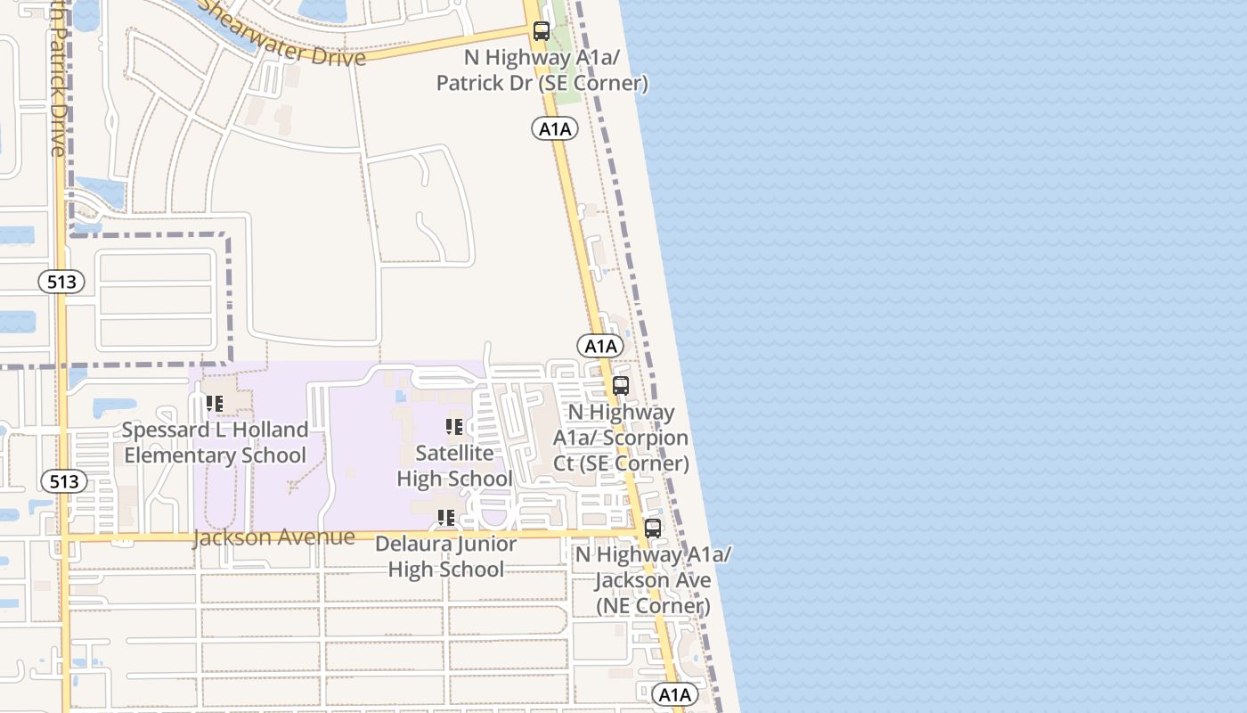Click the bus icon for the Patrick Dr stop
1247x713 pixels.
541,31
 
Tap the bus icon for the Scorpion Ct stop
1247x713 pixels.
621,386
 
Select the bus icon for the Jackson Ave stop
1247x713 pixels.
653,528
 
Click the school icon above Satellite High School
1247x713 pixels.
454,427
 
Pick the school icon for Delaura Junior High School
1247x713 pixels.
446,518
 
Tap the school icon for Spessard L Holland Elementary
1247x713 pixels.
215,404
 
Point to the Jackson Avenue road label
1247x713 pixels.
273,537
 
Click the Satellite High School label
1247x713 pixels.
454,466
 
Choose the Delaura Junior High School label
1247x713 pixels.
445,556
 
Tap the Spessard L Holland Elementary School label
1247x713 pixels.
215,443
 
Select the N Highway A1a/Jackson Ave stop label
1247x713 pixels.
653,580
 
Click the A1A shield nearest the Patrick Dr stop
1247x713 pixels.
555,129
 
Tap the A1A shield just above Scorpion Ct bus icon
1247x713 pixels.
599,346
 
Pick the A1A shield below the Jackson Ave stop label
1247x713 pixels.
674,694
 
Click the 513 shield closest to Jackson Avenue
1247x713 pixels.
64,482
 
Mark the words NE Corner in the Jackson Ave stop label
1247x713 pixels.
653,606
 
